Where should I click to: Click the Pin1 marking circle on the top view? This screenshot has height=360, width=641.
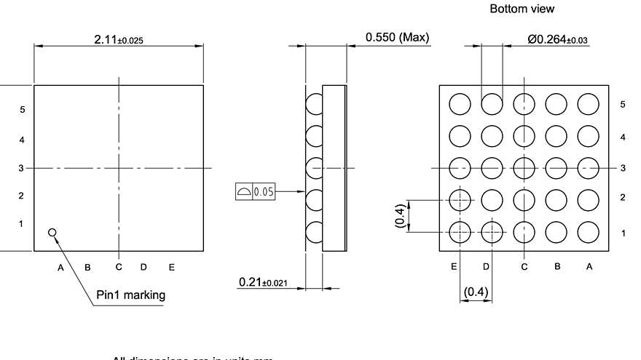click(x=52, y=232)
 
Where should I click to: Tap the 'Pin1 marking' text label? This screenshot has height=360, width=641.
click(x=130, y=295)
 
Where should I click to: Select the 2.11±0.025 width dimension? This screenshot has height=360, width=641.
click(x=119, y=40)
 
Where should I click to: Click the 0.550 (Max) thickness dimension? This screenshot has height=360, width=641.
click(x=397, y=37)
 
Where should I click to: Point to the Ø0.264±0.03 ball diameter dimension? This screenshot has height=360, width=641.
click(x=558, y=40)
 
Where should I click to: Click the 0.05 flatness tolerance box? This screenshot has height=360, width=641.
click(x=256, y=192)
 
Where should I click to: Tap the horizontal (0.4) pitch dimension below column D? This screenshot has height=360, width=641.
click(x=476, y=292)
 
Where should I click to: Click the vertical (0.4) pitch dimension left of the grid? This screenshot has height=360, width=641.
click(x=400, y=216)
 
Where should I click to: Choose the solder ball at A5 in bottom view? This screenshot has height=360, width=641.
click(x=588, y=104)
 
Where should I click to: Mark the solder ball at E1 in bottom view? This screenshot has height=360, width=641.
click(x=460, y=232)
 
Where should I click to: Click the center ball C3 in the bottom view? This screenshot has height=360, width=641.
click(x=524, y=168)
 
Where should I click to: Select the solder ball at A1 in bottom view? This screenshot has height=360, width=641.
click(x=588, y=232)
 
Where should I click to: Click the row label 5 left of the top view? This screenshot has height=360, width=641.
click(x=23, y=110)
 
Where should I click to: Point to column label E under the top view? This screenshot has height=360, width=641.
click(x=172, y=268)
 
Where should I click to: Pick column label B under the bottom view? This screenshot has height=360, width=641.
click(x=557, y=267)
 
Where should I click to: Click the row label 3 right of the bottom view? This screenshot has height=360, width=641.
click(x=624, y=168)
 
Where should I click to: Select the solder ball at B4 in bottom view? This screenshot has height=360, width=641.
click(x=556, y=136)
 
